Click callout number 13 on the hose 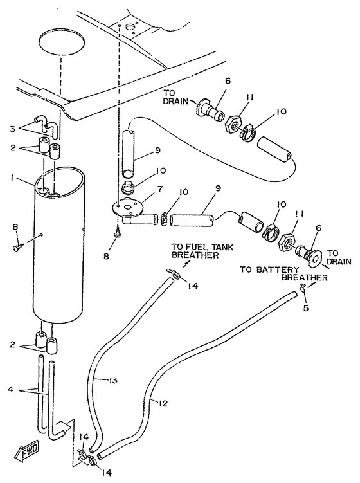coord(113,381)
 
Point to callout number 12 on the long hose coord(163,403)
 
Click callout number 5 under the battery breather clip coord(305,307)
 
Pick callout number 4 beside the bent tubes coord(11,389)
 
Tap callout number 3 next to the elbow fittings coord(12,129)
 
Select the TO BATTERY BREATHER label coord(283,273)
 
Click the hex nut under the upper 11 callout coord(233,123)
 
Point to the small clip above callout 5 coord(303,288)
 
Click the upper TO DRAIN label coord(175,96)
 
